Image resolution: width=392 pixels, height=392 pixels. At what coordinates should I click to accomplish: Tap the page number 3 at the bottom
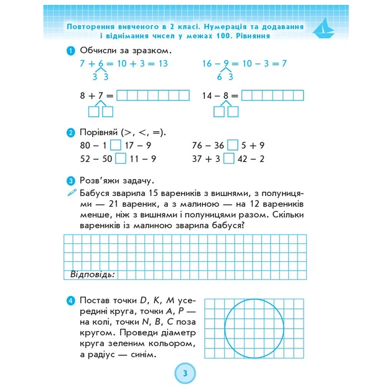pos(185,374)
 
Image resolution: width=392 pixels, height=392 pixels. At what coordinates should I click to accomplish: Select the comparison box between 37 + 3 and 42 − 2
pos(228,159)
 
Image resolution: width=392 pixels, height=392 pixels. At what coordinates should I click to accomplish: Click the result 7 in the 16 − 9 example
pos(283,64)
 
